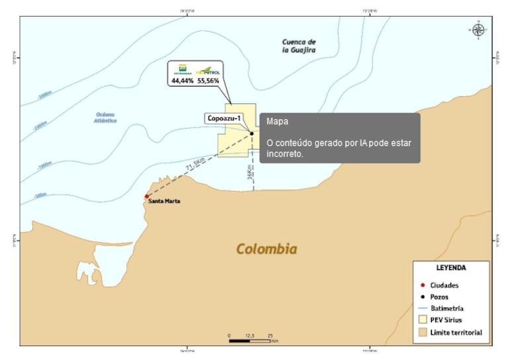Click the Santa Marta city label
[x=164, y=201]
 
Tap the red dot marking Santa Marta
[x=147, y=197]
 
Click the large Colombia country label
[x=267, y=249]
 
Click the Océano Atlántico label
[x=106, y=117]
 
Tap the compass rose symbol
[x=478, y=28]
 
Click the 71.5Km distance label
[x=195, y=164]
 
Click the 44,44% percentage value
[x=182, y=81]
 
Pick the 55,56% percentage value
[x=208, y=81]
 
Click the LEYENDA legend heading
[x=451, y=268]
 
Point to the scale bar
[x=249, y=340]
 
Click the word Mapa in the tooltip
[x=277, y=122]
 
